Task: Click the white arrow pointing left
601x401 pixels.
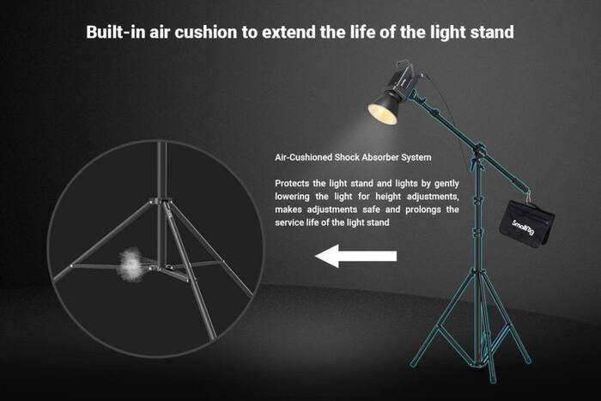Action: coord(355,255)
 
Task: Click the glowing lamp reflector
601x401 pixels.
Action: coord(385,110)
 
